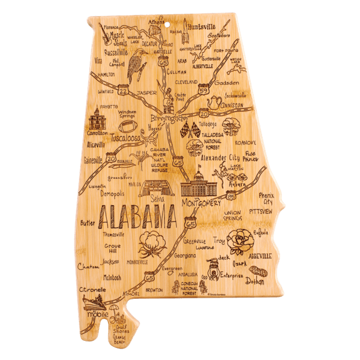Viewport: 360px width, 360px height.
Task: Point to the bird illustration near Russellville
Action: (x=137, y=60)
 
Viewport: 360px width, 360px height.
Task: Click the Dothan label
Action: (x=256, y=280)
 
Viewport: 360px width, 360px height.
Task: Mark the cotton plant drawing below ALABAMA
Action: (x=151, y=245)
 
